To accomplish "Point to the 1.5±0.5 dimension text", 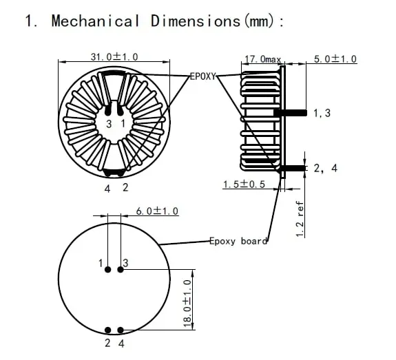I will [244, 184].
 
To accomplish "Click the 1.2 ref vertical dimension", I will [300, 219].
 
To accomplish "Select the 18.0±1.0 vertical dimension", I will [187, 303].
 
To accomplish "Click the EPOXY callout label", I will [204, 76].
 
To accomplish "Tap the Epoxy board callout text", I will [238, 241].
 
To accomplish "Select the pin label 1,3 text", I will [322, 113].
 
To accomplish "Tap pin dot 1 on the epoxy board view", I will [108, 270].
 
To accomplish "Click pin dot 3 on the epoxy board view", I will [120, 270].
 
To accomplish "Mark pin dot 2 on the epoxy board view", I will [108, 330].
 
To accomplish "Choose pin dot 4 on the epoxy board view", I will [120, 330].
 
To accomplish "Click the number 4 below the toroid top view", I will [107, 187].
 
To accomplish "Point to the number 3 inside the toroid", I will [108, 123].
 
